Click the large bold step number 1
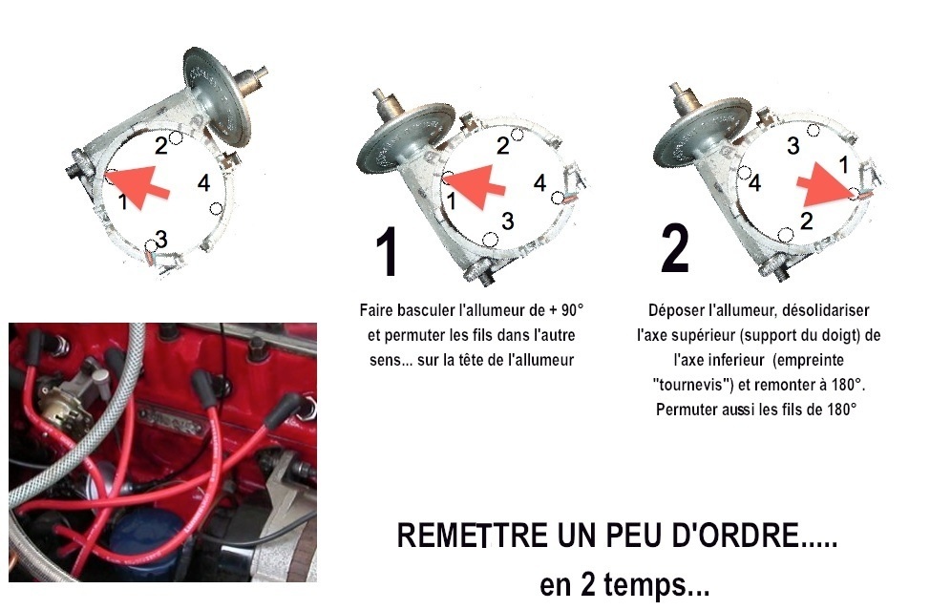tap(387, 252)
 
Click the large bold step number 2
tap(675, 248)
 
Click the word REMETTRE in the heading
tap(472, 536)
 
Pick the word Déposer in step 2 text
tap(674, 310)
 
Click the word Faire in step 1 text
tap(375, 310)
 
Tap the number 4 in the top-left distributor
tap(203, 183)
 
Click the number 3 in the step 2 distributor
tap(793, 146)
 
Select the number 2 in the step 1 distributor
tap(503, 145)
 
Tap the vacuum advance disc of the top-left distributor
tap(217, 96)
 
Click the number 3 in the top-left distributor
tap(161, 240)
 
